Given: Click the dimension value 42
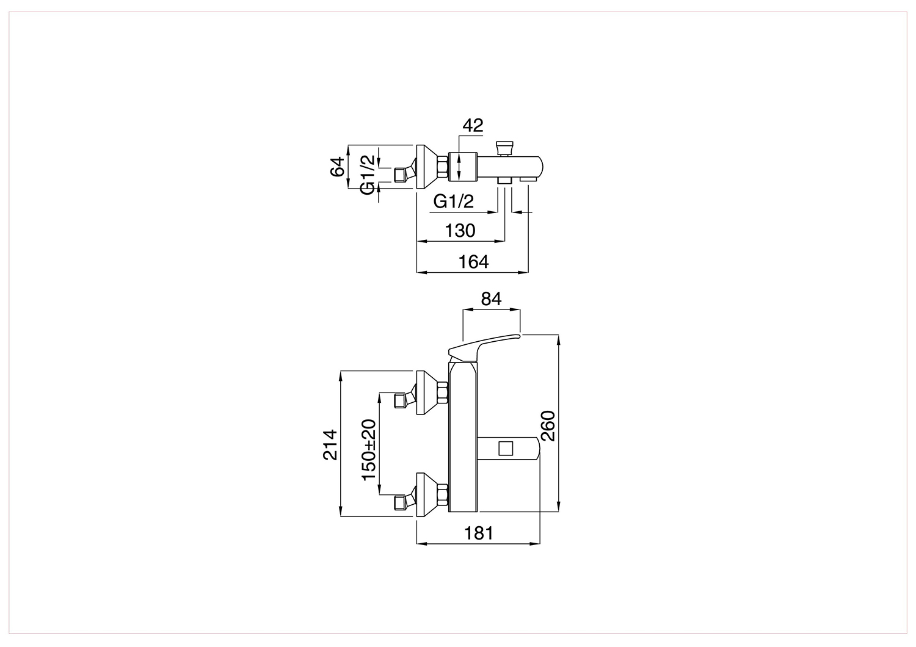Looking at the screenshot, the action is pyautogui.click(x=473, y=126).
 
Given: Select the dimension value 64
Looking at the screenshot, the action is pyautogui.click(x=338, y=167).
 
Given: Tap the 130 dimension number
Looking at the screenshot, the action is pyautogui.click(x=460, y=231).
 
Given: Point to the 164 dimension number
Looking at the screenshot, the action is pyautogui.click(x=473, y=262).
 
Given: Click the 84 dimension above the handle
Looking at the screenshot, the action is pyautogui.click(x=491, y=299).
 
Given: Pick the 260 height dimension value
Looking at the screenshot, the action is pyautogui.click(x=548, y=426).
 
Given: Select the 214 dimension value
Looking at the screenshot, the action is pyautogui.click(x=330, y=445).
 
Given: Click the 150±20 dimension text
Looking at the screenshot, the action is pyautogui.click(x=369, y=450).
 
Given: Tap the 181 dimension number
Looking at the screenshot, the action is pyautogui.click(x=479, y=533).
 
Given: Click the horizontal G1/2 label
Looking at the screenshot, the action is pyautogui.click(x=454, y=201).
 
